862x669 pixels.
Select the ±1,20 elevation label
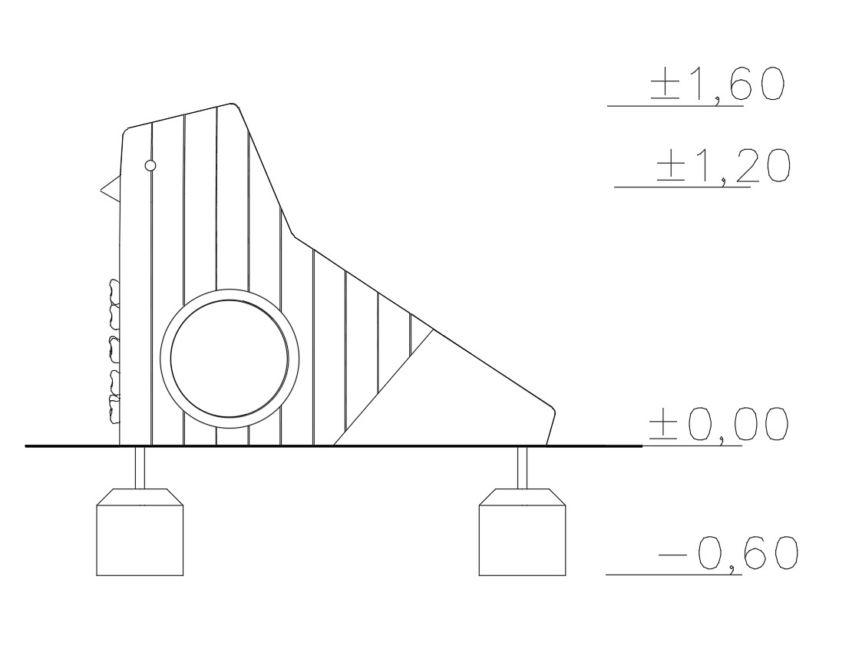724,165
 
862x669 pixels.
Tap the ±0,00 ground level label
718,424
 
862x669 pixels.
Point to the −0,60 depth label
728,553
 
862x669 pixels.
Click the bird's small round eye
150,166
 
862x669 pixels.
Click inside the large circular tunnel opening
230,359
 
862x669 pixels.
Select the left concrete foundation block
140,532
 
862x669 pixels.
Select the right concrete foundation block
522,532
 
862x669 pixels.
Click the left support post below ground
140,468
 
